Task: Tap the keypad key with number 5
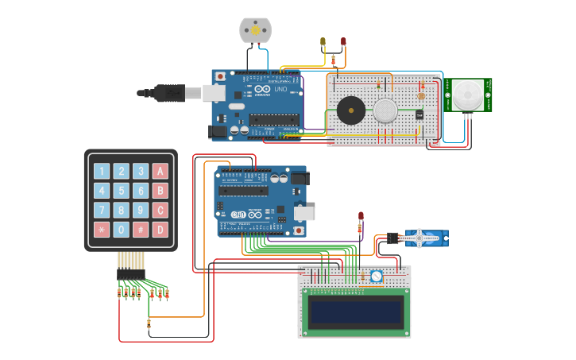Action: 121,191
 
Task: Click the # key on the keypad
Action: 141,230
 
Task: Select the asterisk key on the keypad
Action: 101,230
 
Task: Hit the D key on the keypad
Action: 160,230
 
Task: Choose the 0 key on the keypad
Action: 121,230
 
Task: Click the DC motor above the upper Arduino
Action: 255,30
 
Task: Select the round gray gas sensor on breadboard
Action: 386,110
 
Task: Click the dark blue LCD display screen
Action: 354,312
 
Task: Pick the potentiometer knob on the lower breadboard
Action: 376,277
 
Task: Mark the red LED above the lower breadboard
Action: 361,216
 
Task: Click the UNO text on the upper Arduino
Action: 280,89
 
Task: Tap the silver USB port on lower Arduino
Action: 304,213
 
